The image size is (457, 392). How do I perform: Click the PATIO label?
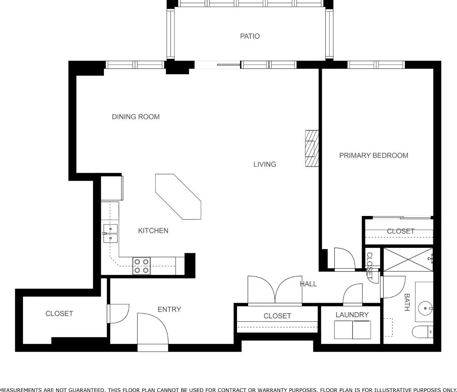[250, 36]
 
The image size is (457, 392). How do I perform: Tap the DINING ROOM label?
[136, 117]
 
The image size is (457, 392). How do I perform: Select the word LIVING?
[265, 164]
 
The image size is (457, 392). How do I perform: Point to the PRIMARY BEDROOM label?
[374, 155]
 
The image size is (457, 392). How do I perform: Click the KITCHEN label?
[153, 231]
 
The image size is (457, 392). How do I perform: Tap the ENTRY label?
[169, 309]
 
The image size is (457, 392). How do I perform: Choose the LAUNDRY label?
[352, 315]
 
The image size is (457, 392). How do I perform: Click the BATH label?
[407, 302]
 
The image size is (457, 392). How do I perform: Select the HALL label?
[308, 284]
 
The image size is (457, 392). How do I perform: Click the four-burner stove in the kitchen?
[142, 266]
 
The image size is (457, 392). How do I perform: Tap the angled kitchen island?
[178, 197]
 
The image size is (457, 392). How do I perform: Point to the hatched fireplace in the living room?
[312, 148]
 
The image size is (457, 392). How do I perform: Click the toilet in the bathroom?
[423, 332]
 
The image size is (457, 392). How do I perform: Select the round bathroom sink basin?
[425, 308]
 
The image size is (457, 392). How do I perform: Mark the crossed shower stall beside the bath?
[408, 260]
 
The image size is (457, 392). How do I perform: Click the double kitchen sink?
[110, 233]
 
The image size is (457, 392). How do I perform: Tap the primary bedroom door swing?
[345, 258]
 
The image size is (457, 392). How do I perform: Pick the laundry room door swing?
[353, 294]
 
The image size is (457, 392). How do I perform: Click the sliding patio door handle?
[228, 65]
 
